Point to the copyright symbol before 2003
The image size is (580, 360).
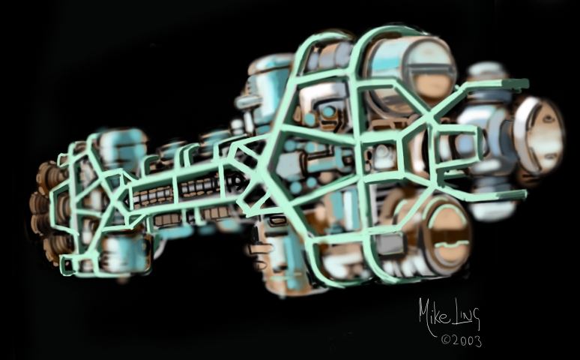445,339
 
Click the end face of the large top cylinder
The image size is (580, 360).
429,73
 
